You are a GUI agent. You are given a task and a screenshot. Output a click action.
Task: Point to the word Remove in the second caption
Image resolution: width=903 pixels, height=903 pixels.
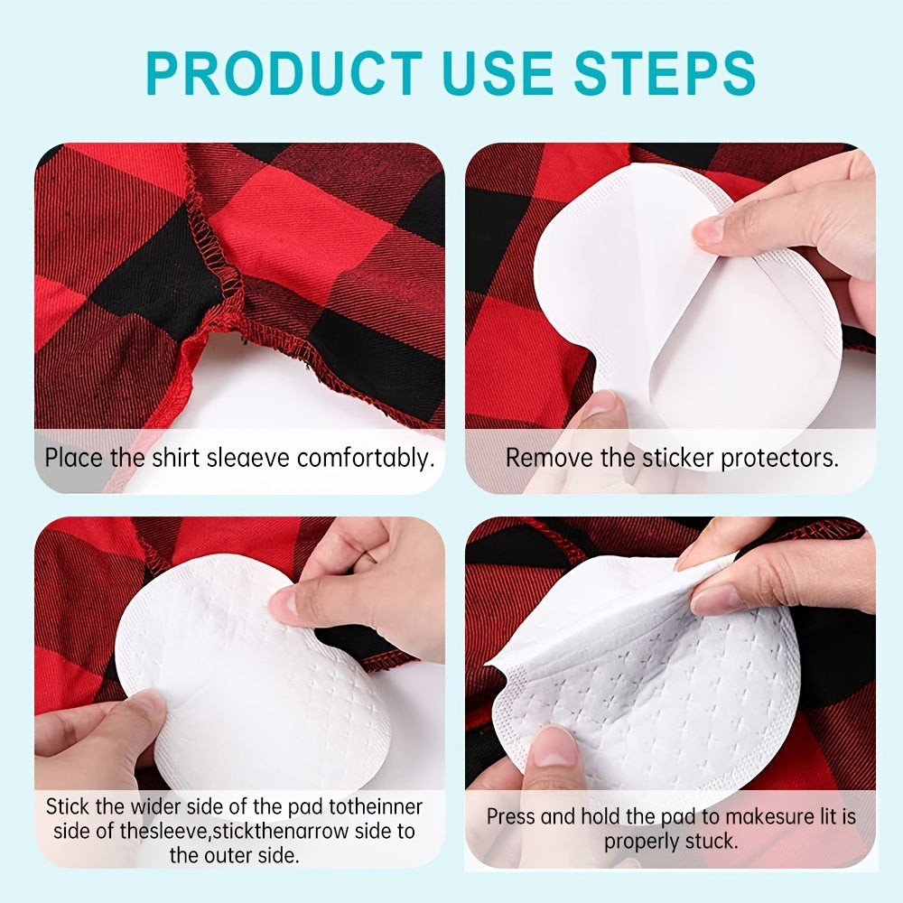[x=540, y=457]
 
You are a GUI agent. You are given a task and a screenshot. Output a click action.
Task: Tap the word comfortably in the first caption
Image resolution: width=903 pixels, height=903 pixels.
[x=366, y=457]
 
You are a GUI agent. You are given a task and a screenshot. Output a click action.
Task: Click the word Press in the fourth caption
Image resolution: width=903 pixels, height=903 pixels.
[x=512, y=817]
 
